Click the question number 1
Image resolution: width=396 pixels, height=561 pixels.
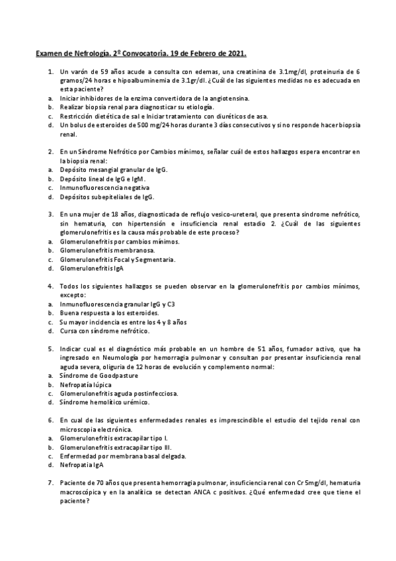pyautogui.click(x=50, y=71)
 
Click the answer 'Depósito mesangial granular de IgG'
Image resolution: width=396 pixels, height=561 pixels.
pyautogui.click(x=113, y=169)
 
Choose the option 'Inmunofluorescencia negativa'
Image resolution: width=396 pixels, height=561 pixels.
pyautogui.click(x=104, y=187)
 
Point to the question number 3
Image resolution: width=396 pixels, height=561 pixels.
pyautogui.click(x=50, y=215)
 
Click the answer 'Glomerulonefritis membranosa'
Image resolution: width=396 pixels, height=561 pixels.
pyautogui.click(x=107, y=251)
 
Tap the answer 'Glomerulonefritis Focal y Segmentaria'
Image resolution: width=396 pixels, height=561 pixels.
pyautogui.click(x=117, y=259)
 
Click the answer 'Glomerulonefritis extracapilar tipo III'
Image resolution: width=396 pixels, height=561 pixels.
pyautogui.click(x=114, y=447)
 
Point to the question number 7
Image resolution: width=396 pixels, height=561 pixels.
pyautogui.click(x=50, y=484)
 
